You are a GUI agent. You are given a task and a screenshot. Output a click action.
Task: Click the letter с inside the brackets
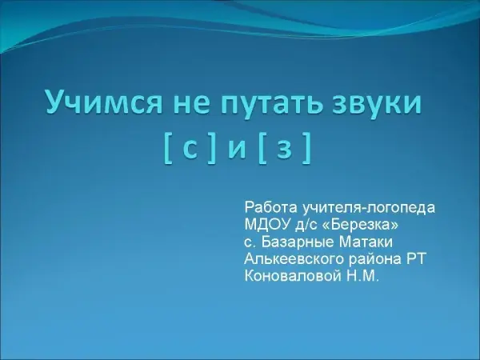coord(190,149)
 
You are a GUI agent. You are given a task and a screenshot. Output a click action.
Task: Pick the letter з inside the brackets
coord(284,149)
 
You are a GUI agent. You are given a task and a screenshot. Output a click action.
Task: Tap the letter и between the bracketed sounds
coord(237,149)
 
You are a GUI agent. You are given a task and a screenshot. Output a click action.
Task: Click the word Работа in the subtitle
coord(271,208)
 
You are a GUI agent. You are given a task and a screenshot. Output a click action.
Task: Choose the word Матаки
coord(365,242)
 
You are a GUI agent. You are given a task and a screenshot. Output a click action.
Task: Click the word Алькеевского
coord(294,260)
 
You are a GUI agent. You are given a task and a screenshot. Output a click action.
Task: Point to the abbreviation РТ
coord(416,259)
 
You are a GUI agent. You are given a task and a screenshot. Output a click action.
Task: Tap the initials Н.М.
coord(363,277)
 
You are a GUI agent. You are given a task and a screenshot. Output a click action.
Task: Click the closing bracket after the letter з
coord(307,149)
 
